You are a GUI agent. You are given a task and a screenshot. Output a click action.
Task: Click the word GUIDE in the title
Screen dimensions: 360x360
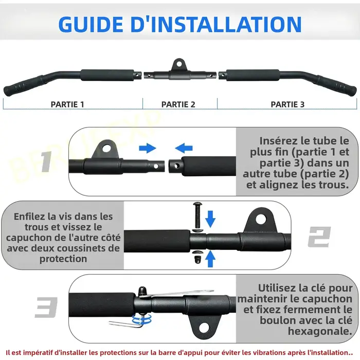pos(91,24)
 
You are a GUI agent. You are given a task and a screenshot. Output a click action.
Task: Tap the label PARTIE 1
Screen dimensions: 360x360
pos(67,104)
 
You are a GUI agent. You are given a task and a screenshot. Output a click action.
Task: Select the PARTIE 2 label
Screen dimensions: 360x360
pos(178,104)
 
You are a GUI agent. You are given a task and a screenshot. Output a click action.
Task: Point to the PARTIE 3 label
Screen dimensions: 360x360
pos(287,104)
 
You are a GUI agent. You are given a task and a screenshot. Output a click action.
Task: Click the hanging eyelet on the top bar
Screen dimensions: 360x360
pos(179,65)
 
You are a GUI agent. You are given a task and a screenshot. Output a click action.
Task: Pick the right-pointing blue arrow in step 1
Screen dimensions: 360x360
pos(148,148)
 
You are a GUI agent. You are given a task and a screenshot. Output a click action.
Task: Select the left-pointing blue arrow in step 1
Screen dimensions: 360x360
pos(184,148)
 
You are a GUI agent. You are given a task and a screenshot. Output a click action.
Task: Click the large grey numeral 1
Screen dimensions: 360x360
pos(47,161)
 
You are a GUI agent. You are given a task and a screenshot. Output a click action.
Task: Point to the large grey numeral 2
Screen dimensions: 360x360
pos(319,237)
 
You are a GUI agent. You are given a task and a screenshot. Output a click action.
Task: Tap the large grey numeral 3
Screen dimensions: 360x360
pos(46,308)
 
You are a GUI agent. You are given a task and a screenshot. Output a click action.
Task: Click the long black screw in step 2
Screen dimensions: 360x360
pos(197,214)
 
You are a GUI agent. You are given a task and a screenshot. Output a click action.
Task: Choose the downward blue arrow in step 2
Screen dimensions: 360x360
pos(210,219)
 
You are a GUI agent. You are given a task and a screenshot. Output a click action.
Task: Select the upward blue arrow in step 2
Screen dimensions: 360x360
pos(210,259)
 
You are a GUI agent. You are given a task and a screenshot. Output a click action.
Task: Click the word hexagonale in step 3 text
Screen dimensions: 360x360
pos(320,331)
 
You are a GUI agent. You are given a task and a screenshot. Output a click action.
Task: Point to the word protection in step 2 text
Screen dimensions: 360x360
pos(63,259)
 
